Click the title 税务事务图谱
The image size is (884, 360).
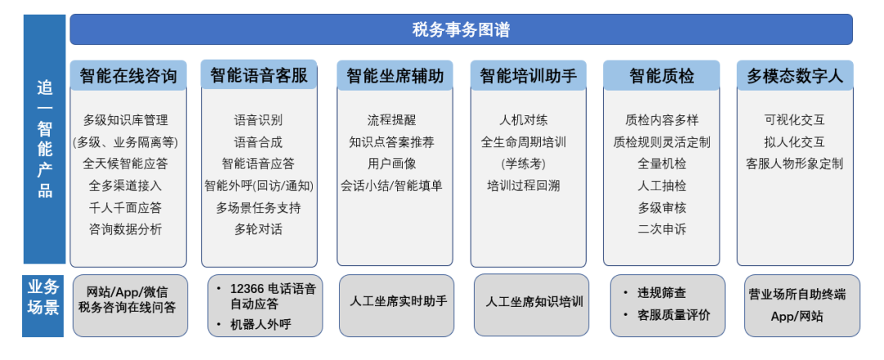click(x=461, y=30)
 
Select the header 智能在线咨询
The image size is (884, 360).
click(x=128, y=76)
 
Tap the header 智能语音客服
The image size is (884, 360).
click(x=259, y=76)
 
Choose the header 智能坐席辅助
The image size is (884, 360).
click(x=395, y=76)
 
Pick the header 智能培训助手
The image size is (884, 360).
click(x=528, y=76)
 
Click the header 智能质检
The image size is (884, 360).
click(x=661, y=76)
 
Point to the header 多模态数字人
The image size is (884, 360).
click(x=794, y=76)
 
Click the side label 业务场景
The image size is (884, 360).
click(x=43, y=298)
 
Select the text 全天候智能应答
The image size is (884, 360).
click(x=126, y=164)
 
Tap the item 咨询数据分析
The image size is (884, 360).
click(x=126, y=229)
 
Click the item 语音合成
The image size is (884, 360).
click(x=259, y=142)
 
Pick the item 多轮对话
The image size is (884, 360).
click(x=259, y=229)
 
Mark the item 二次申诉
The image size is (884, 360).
click(x=661, y=229)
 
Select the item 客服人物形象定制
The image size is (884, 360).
click(x=794, y=164)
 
